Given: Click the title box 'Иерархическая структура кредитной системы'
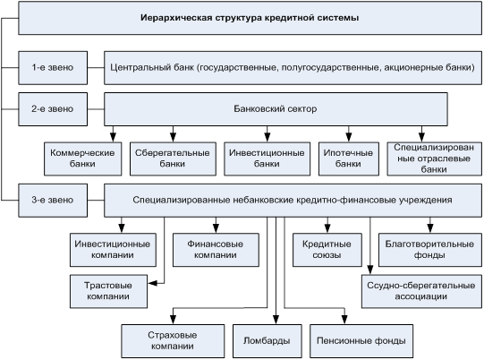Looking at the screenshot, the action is click(250, 18).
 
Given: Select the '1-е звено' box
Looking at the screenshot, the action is click(53, 68).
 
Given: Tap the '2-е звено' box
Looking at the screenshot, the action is click(53, 109).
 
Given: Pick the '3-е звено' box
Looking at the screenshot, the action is click(53, 201).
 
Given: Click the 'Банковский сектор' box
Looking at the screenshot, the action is click(276, 109).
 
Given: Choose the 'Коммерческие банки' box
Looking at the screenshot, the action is click(82, 159).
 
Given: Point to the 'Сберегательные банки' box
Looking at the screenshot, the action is click(173, 159).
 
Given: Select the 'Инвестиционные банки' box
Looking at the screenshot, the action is click(267, 159).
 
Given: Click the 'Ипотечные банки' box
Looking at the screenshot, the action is click(349, 159).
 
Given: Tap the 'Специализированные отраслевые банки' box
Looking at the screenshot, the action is click(434, 159).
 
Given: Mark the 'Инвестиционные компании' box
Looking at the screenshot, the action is click(113, 250).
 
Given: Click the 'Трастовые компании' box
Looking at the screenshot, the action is click(108, 291).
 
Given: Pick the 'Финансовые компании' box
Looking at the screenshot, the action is click(216, 250).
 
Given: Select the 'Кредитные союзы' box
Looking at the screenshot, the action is click(327, 250).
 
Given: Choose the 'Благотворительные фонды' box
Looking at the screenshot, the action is click(430, 250).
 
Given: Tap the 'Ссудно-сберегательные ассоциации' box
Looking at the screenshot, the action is click(421, 291).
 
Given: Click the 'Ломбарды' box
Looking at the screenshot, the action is click(267, 341).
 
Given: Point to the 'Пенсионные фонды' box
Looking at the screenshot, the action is click(361, 341).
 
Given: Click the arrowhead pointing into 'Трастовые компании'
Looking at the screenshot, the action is click(152, 283).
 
